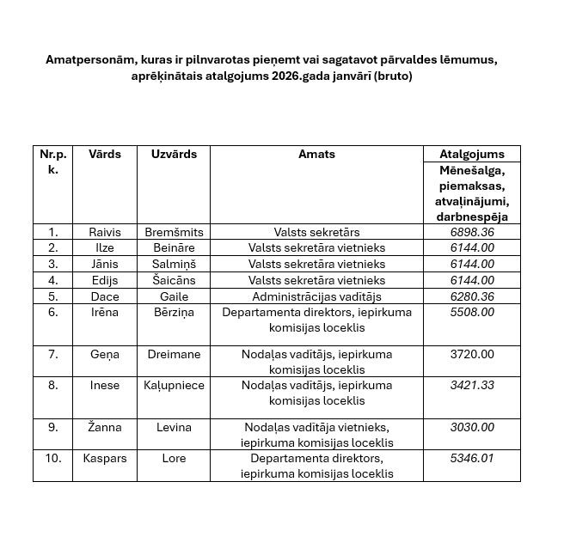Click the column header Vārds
tap(104, 155)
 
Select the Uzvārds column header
tap(174, 155)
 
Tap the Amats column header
tap(316, 155)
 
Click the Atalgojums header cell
tap(472, 155)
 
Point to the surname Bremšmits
tap(174, 232)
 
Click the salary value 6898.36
tap(472, 232)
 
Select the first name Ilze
tap(104, 247)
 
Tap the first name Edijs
tap(104, 280)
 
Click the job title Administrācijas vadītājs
tap(316, 296)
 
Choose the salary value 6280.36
tap(472, 296)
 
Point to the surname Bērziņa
tap(174, 313)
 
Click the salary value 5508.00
tap(472, 313)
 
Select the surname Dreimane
tap(174, 354)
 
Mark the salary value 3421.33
tap(472, 385)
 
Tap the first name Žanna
tap(104, 427)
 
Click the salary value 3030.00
tap(472, 427)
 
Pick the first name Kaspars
tap(104, 459)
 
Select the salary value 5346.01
tap(472, 459)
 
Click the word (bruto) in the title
tap(389, 76)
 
